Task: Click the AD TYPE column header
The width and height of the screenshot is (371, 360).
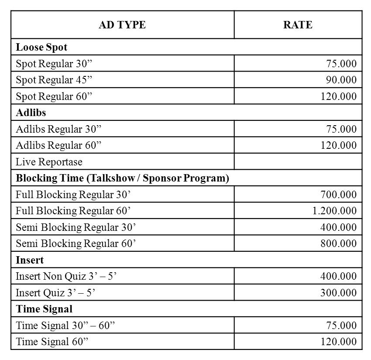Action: pos(122,25)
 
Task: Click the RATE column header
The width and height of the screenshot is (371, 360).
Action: pos(298,25)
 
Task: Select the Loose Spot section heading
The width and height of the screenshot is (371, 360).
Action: pos(41,47)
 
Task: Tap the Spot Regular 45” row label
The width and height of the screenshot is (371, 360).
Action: pos(54,80)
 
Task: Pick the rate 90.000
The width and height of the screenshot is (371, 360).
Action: pos(341,80)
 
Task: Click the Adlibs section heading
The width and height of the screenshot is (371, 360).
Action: pos(31,113)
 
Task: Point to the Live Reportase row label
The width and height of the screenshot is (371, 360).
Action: pos(49,162)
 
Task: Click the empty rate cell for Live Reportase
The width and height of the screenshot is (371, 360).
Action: pos(298,162)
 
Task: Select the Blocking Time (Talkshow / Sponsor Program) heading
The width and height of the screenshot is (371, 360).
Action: pos(122,178)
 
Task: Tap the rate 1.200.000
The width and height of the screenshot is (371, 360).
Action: pos(334,211)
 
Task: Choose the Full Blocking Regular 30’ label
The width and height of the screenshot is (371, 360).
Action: pos(73,195)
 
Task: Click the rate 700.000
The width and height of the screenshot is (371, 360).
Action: pos(338,195)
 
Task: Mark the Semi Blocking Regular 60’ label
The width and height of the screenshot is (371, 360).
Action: pos(76,243)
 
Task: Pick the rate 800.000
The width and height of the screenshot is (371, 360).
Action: pos(338,243)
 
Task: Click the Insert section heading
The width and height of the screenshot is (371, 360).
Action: pos(30,260)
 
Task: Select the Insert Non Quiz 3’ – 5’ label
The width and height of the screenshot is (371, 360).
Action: pos(66,276)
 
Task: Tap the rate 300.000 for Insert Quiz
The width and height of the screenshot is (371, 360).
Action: pos(338,293)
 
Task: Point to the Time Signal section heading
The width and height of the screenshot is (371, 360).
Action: pos(44,309)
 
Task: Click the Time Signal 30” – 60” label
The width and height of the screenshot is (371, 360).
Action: pos(65,326)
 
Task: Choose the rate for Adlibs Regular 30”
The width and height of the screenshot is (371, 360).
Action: pos(341,129)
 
